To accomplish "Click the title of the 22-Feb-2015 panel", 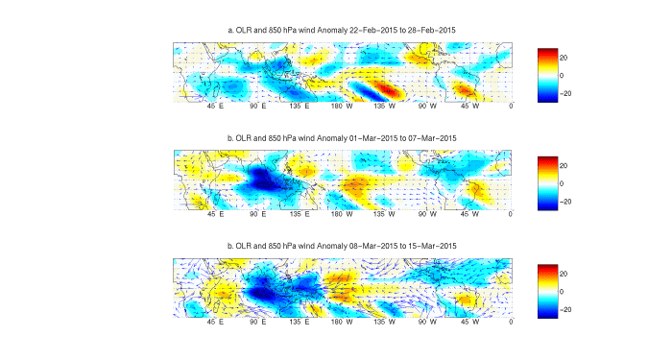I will (342, 30).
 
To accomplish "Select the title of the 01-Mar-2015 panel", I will (342, 138).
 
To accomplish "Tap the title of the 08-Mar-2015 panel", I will (342, 247).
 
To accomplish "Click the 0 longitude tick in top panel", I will (511, 107).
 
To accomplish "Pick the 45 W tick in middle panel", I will (468, 215).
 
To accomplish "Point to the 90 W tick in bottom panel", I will (425, 324).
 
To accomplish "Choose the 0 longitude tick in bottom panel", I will (511, 324).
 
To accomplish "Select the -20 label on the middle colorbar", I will (567, 202).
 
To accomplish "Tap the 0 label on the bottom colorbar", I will (564, 291).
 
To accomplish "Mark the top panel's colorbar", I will (547, 74).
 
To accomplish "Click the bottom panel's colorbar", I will (547, 291).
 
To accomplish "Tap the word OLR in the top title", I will (247, 30).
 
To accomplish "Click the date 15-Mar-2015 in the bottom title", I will (432, 247).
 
